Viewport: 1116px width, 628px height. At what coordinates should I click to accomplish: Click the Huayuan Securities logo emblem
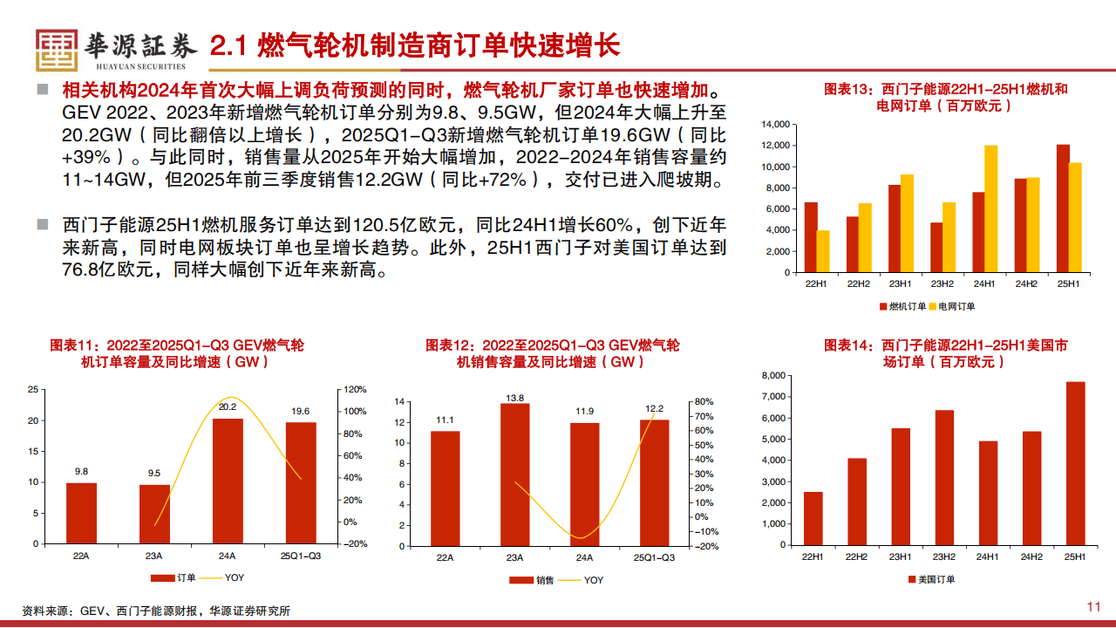[x=57, y=50]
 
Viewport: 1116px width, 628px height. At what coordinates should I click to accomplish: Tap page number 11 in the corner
[x=1093, y=607]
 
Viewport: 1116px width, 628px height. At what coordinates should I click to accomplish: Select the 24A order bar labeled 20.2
[x=228, y=481]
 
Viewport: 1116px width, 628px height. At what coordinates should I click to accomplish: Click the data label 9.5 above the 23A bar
[x=154, y=473]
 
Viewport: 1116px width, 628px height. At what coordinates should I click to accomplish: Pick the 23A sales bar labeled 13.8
[x=514, y=474]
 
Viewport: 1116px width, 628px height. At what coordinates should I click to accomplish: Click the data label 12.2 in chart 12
[x=655, y=408]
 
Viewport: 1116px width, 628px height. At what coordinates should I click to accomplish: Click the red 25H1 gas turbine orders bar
[x=1063, y=208]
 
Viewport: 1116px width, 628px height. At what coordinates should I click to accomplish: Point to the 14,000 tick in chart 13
[x=775, y=125]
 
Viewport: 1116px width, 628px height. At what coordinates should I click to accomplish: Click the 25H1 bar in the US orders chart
[x=1075, y=463]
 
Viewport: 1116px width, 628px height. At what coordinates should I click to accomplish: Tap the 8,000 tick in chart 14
[x=775, y=376]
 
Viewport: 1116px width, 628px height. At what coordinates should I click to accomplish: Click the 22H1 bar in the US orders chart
[x=813, y=518]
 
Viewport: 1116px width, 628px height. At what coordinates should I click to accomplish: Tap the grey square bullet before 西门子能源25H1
[x=42, y=225]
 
